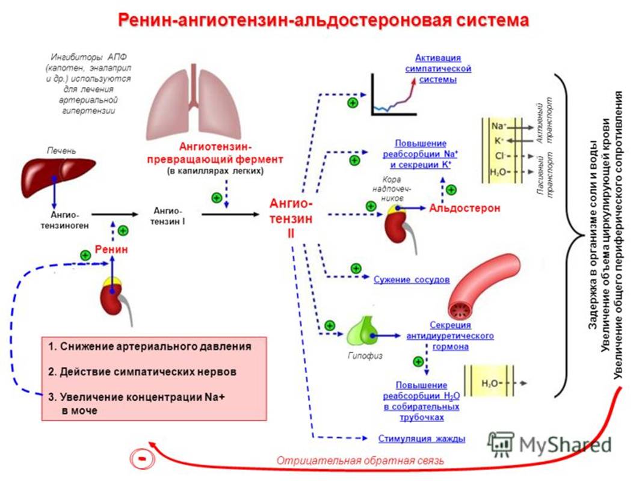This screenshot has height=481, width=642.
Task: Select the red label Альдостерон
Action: tap(465, 208)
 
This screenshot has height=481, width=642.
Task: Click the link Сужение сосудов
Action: tap(412, 280)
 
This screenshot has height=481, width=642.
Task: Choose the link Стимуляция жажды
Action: tap(422, 438)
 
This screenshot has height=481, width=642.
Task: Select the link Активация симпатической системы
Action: tap(437, 69)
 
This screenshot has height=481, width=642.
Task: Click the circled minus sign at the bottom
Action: tap(140, 458)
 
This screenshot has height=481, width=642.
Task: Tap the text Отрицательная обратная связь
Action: tap(360, 461)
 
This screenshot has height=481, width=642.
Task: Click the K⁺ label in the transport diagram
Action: tap(499, 140)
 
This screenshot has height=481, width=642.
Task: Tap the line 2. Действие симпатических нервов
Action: tap(143, 372)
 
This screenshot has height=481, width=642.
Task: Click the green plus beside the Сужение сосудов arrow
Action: tap(354, 268)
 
